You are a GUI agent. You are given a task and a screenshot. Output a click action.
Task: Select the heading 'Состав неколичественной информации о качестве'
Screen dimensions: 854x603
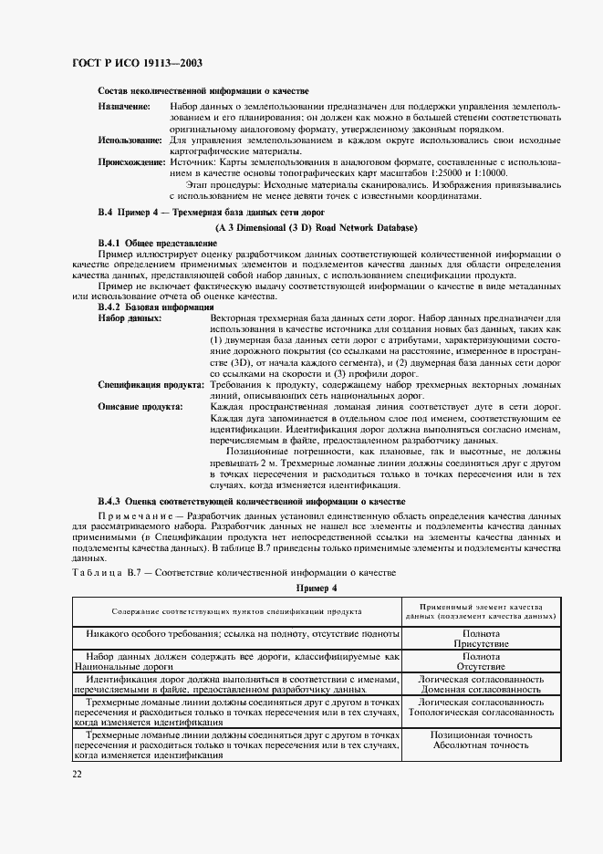click(203, 91)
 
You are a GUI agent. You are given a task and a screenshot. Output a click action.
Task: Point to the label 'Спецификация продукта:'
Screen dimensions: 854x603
click(148, 386)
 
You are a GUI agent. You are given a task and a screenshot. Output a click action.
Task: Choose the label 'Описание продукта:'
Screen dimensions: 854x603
click(140, 407)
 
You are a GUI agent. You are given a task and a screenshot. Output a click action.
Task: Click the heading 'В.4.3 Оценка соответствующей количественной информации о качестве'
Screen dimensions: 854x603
click(251, 503)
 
